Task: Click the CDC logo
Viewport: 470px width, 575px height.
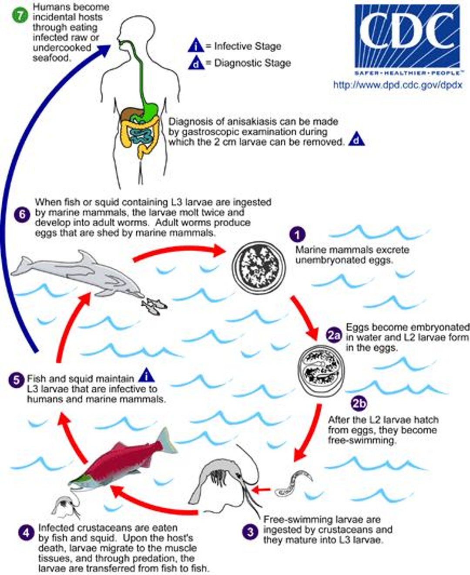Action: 407,40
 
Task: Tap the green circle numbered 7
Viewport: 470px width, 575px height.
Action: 20,16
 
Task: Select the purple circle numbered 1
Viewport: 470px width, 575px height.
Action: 297,234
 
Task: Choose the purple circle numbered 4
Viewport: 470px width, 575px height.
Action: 27,532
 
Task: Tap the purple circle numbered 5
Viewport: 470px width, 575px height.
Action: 16,380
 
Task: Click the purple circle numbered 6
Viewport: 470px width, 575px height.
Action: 22,215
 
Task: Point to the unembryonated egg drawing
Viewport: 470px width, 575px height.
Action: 259,267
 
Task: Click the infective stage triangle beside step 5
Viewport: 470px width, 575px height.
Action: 147,375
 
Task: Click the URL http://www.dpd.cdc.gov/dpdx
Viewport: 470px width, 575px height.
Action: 398,85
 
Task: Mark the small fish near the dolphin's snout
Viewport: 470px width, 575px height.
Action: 154,306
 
